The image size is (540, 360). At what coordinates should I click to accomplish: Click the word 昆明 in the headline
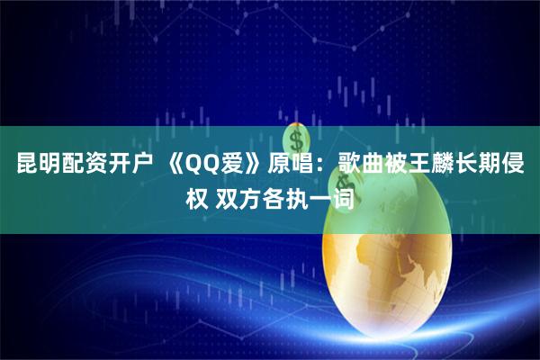pos(32,164)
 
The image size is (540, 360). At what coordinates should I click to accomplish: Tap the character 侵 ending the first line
pos(519,164)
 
